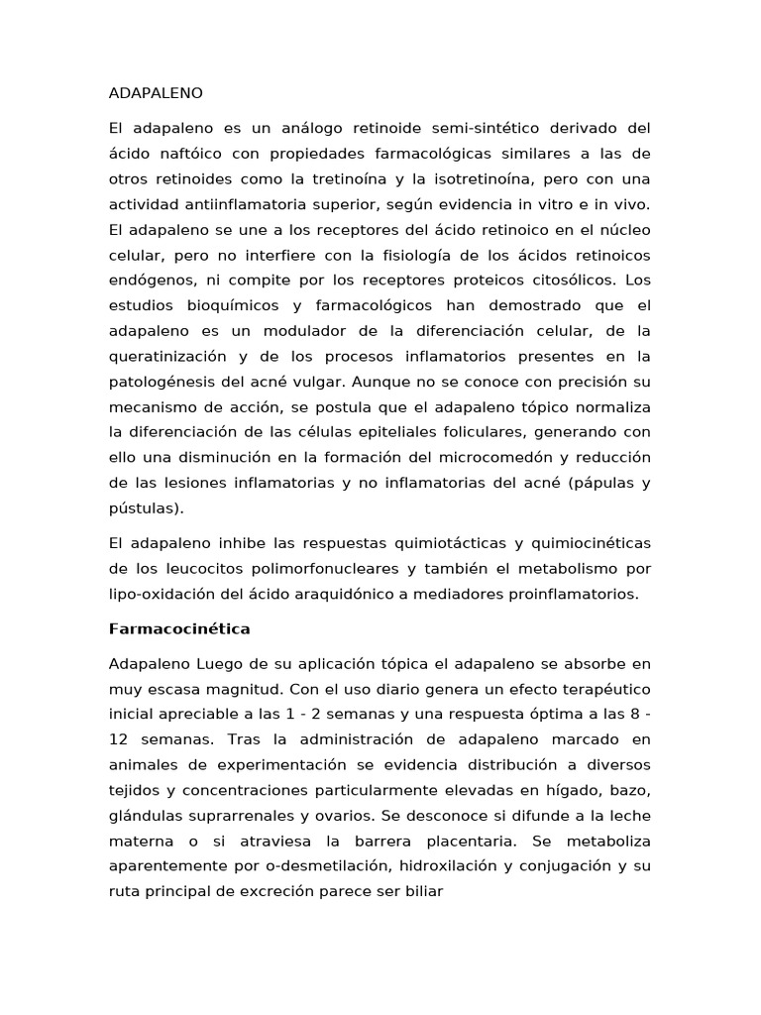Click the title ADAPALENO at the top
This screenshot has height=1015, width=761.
click(155, 93)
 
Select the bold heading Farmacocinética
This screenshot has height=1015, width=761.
click(178, 628)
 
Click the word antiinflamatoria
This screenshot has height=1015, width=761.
click(253, 204)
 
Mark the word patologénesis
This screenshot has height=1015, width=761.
click(160, 382)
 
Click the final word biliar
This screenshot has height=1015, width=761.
click(421, 890)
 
